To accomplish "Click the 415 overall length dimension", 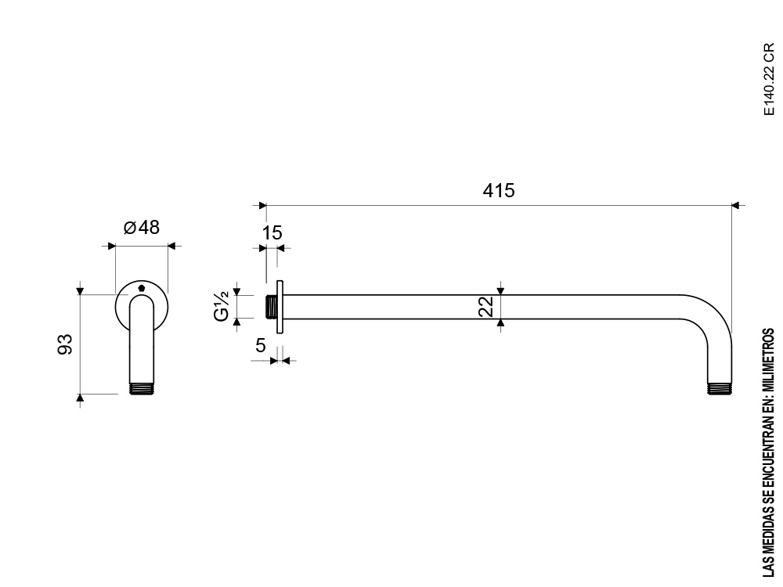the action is pos(498,191).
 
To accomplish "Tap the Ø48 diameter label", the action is pos(141,228).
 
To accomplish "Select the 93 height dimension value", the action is pos(66,344).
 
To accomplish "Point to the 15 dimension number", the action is pos(272,233).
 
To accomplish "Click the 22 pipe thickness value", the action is pos(486,307).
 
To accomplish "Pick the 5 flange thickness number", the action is pos(261,345).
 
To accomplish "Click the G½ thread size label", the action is pos(222,307).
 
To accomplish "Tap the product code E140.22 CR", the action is pos(769,80).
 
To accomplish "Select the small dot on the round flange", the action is pos(141,288).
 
